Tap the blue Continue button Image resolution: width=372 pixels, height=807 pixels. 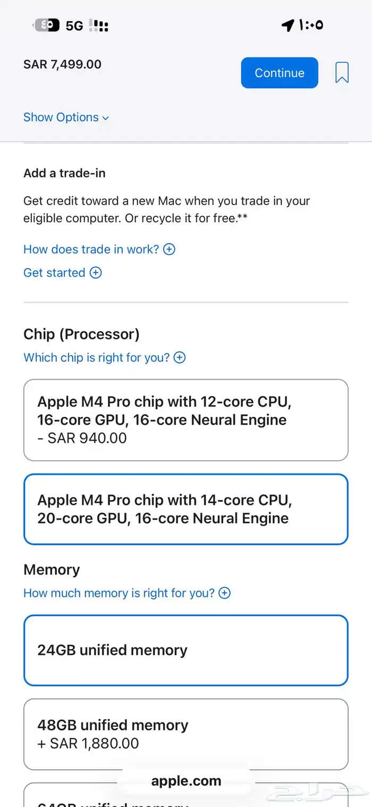point(280,73)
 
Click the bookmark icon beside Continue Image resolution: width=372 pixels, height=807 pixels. point(342,73)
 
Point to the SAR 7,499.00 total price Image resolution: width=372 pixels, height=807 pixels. point(62,64)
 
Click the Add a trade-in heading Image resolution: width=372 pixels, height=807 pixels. point(64,173)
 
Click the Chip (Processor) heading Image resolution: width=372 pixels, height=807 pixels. point(81,334)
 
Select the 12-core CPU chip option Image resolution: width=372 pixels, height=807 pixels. point(185,419)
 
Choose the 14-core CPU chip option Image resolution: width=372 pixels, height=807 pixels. point(185,509)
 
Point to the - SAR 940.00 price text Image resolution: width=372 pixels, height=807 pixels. point(82,438)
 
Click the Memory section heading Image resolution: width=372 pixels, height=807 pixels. point(52,570)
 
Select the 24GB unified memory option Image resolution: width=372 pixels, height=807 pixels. point(185,650)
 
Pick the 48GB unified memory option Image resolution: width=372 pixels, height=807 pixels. point(185,734)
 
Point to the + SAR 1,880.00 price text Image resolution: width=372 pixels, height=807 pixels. point(88,743)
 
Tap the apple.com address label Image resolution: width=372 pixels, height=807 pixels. point(186,781)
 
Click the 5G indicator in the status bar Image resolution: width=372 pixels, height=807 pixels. point(74,26)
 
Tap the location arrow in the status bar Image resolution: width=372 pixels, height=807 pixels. point(288,25)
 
